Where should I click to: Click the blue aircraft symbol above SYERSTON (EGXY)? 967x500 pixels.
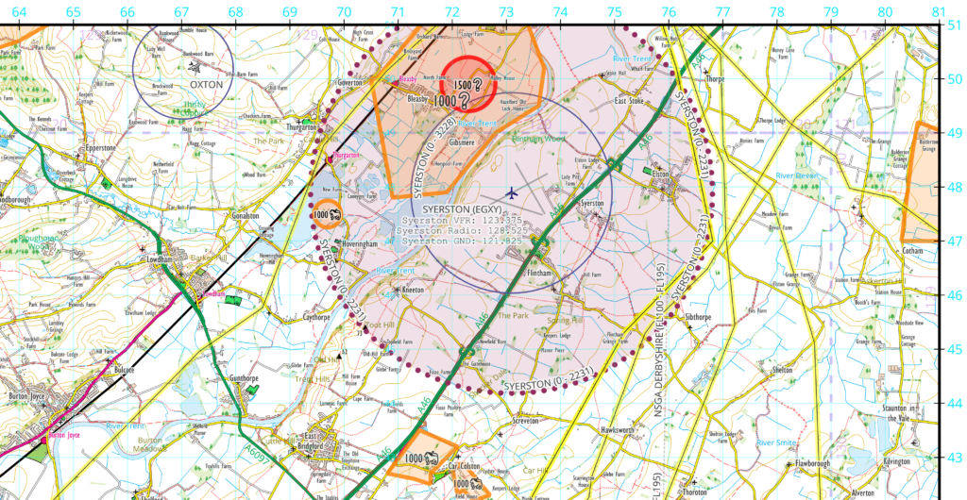click(x=512, y=192)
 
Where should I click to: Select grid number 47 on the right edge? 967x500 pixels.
click(x=956, y=242)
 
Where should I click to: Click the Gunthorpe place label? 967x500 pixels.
click(x=244, y=379)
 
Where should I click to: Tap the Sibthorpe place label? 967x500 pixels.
click(x=698, y=318)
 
